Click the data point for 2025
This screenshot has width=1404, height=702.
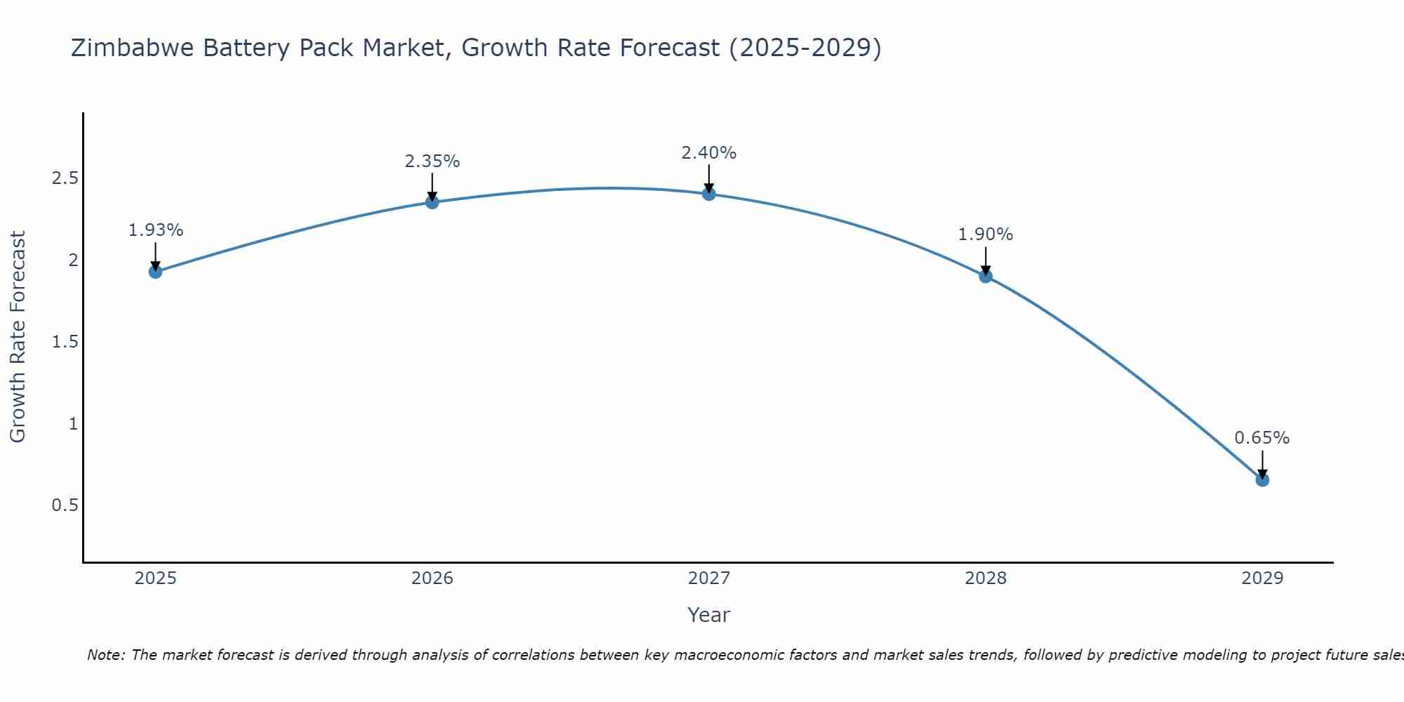[156, 272]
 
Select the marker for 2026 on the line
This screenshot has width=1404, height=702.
[432, 202]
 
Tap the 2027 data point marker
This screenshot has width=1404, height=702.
[709, 194]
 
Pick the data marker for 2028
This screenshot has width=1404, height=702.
[986, 276]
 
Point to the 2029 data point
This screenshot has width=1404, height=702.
[1262, 480]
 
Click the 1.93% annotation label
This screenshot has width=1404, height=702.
[156, 230]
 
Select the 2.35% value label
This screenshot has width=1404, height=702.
[432, 161]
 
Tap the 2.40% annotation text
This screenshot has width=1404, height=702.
[709, 153]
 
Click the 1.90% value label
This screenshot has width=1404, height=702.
[986, 234]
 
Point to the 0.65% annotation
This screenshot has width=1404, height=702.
[1262, 438]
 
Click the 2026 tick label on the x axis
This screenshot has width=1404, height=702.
[432, 578]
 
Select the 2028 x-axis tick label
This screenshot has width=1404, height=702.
[986, 578]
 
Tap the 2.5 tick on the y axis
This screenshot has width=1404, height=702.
[65, 178]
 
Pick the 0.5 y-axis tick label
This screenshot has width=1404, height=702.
[65, 505]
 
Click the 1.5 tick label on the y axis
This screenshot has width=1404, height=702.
[65, 342]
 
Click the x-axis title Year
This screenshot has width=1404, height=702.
[709, 615]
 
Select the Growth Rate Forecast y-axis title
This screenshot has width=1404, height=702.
[18, 337]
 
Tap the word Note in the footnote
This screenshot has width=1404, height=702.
[105, 655]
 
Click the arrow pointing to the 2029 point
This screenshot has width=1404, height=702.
[1262, 463]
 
